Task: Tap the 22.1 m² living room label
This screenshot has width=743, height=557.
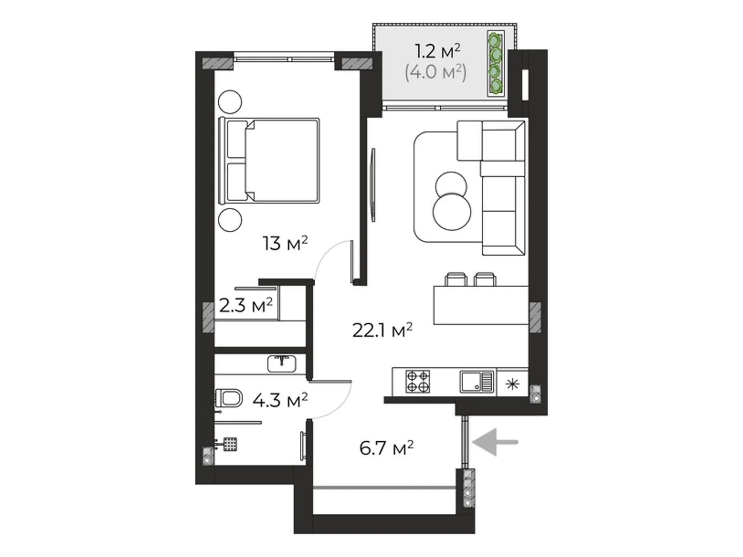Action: [x=383, y=330]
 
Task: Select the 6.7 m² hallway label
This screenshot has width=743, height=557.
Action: [x=386, y=448]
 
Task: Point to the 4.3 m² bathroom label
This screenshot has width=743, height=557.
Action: [x=280, y=400]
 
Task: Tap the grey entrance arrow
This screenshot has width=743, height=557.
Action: [x=495, y=442]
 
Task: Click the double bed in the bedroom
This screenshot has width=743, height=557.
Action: [x=269, y=161]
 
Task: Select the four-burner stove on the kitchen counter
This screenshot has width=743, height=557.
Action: [x=417, y=381]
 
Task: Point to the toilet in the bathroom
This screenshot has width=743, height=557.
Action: [x=229, y=398]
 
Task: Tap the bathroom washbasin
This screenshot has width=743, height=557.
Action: [x=281, y=364]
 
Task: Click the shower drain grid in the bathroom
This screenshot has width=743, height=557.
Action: [x=230, y=444]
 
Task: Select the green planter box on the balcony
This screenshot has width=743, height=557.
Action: [x=495, y=64]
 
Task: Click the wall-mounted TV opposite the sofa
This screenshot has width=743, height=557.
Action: [x=373, y=185]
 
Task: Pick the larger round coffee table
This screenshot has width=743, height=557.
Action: [x=451, y=212]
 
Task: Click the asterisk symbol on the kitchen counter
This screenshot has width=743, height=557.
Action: [x=512, y=384]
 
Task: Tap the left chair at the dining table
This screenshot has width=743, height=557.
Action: [x=456, y=279]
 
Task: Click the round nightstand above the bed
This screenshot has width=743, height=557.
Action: [x=230, y=102]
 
